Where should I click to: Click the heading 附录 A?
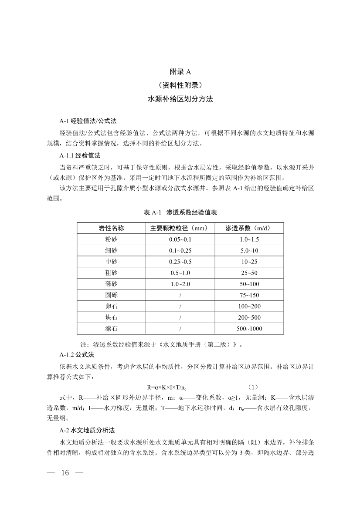[180, 72]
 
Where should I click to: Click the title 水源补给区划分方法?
[180, 99]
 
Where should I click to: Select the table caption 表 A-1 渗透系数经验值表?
[180, 212]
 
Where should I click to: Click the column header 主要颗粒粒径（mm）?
[180, 228]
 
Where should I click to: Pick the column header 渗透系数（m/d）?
[249, 228]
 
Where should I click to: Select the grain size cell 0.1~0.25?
[180, 250]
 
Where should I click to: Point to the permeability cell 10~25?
[249, 262]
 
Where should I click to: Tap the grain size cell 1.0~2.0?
[180, 284]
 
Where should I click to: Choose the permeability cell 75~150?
[249, 295]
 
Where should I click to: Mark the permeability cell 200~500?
[249, 317]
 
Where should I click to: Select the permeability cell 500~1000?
[249, 329]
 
